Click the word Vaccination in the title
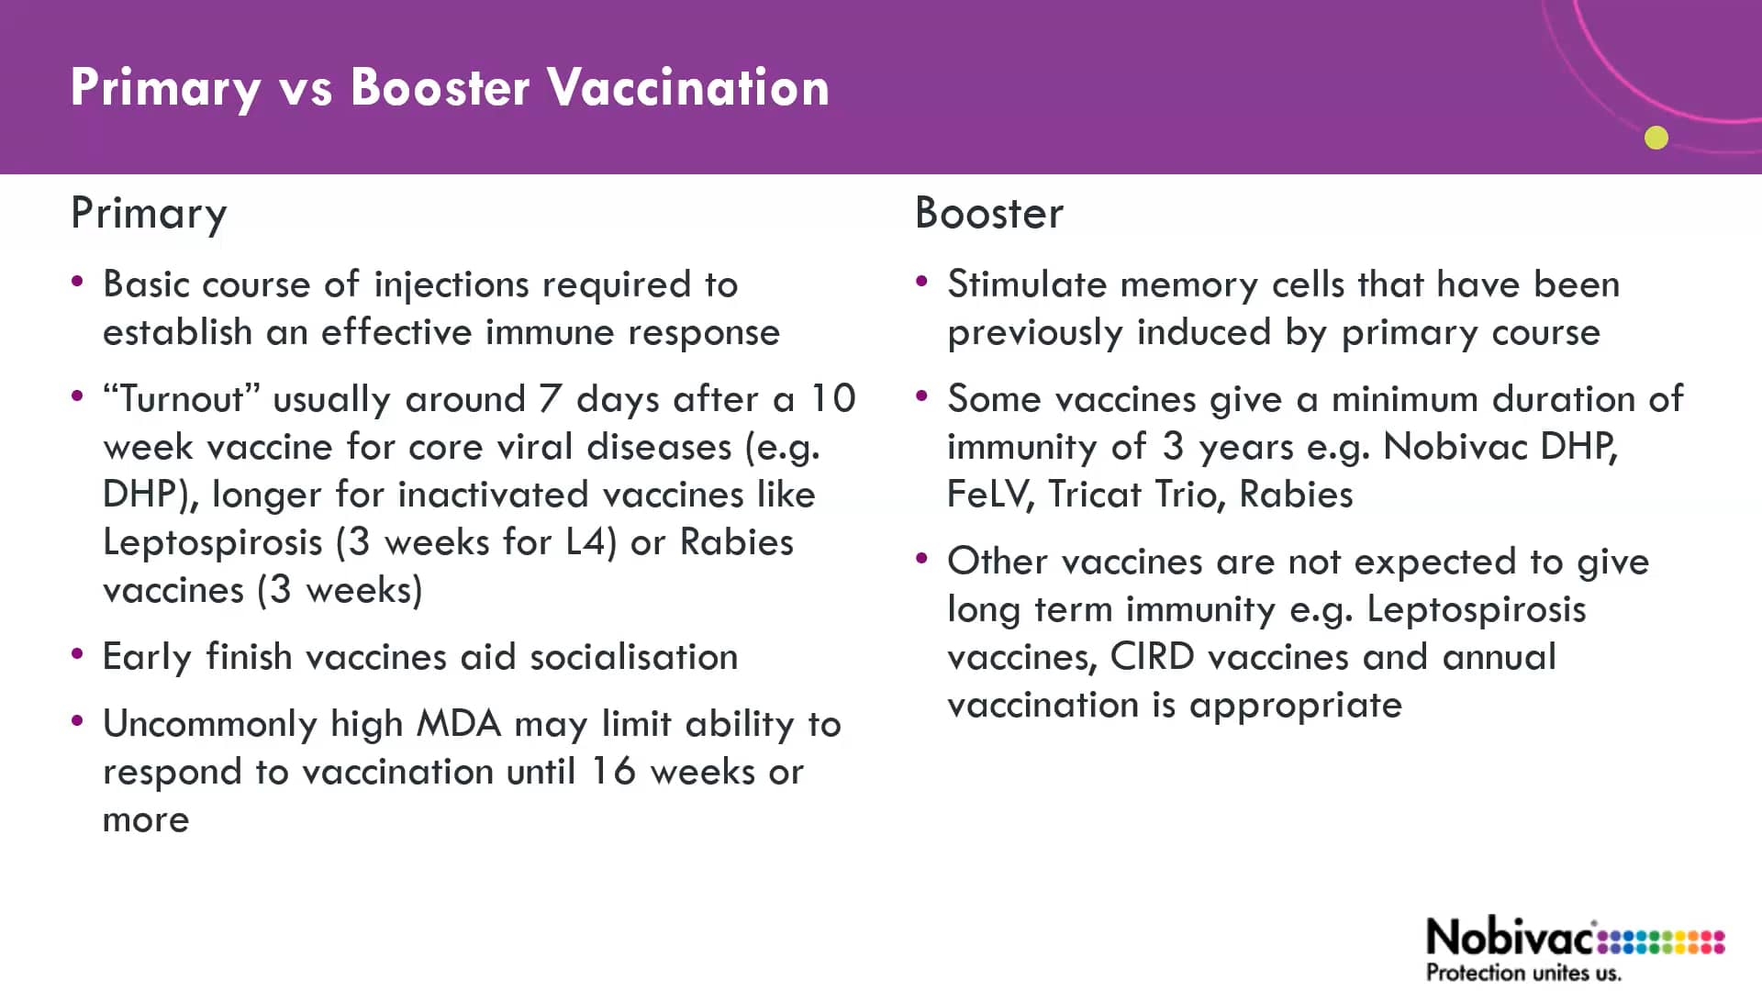[x=688, y=88]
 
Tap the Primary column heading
[x=149, y=215]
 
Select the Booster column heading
[x=989, y=214]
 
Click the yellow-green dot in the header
[x=1656, y=138]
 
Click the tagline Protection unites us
[x=1523, y=973]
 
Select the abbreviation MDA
[x=459, y=724]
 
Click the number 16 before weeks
[x=612, y=772]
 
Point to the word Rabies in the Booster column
[x=1296, y=495]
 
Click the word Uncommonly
[x=210, y=725]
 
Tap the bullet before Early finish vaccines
[x=78, y=654]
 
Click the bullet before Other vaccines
[x=922, y=559]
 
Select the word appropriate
[x=1296, y=706]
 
